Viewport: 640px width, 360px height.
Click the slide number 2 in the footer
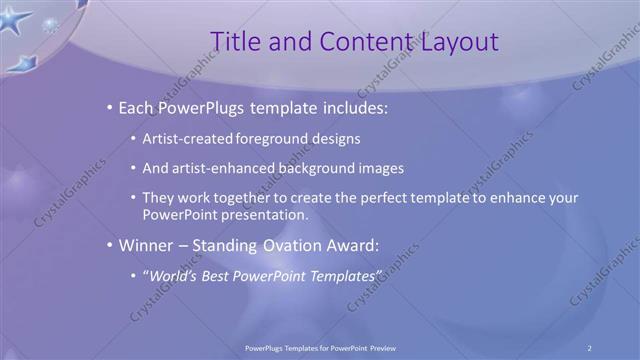(x=589, y=348)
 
